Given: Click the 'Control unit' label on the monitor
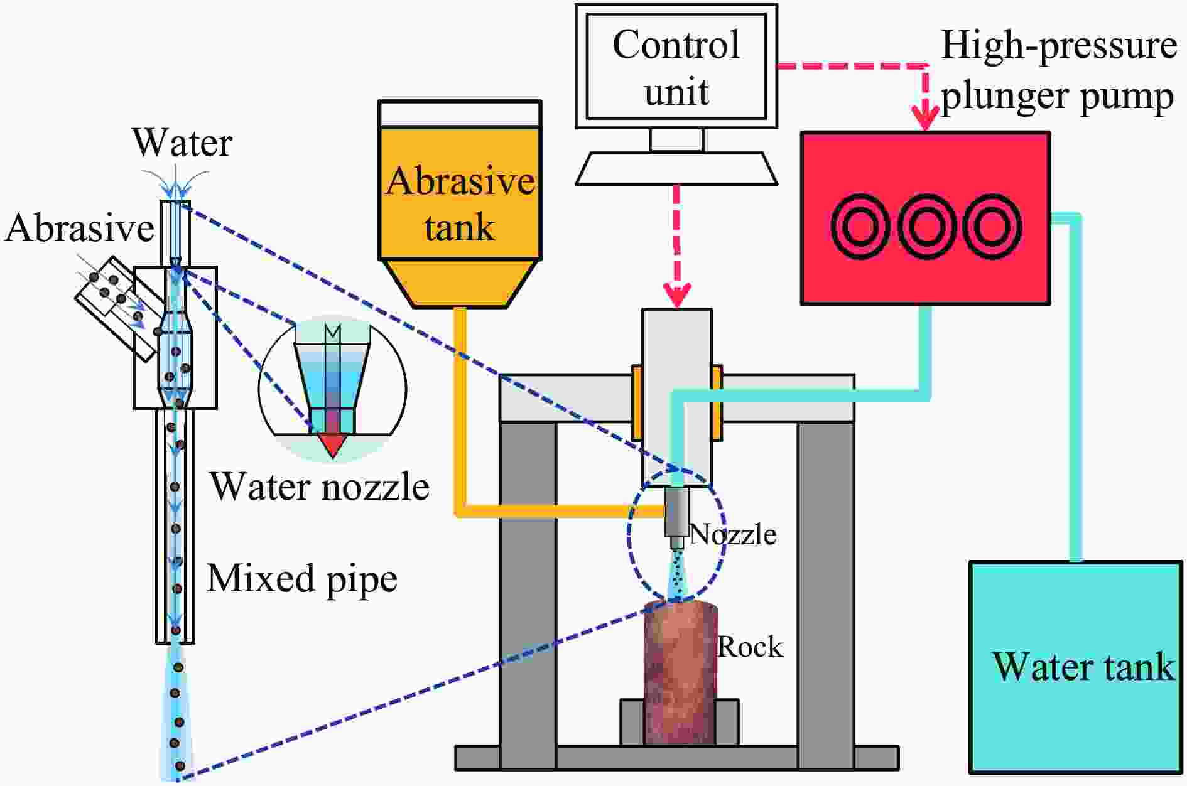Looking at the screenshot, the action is tap(676, 68).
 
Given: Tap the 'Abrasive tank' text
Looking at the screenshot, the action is tap(460, 203).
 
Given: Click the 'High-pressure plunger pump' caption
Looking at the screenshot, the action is tap(1058, 70).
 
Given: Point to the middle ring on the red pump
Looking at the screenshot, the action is tap(926, 227).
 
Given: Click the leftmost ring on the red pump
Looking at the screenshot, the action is tap(860, 227).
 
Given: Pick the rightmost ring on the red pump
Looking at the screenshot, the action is tap(993, 227).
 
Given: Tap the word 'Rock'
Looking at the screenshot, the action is tap(750, 647).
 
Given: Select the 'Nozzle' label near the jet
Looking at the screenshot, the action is tap(733, 534).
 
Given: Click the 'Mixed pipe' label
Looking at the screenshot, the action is tap(302, 579).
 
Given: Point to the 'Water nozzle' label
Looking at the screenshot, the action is tap(320, 487).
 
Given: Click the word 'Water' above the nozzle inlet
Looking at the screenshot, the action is tap(182, 143).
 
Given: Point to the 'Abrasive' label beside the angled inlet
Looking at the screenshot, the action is tap(79, 228).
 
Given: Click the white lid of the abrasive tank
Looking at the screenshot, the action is tap(460, 114).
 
